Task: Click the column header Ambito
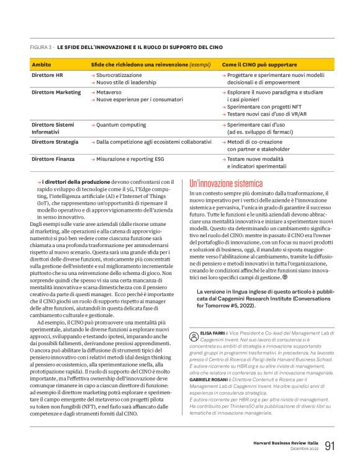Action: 42,65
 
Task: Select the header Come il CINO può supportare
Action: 259,65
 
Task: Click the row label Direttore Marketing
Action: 56,92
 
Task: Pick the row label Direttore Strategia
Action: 55,142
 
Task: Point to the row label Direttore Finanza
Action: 53,159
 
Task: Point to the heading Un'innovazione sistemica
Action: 226,184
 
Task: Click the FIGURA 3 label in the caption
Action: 41,47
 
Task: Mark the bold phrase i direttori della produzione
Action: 68,181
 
